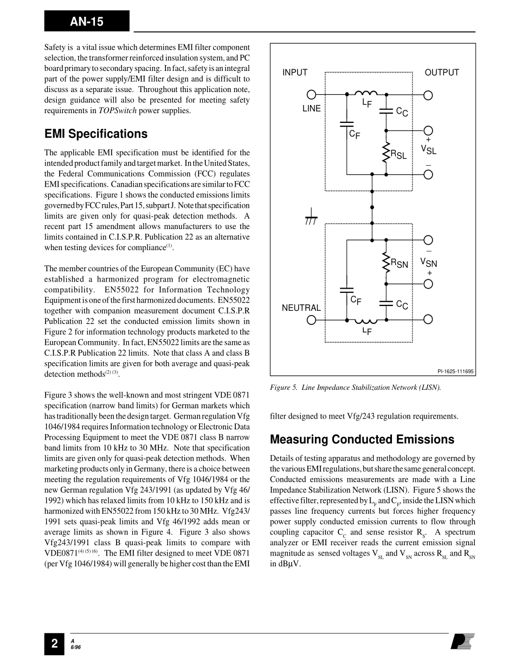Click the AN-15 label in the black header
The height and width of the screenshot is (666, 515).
tap(86, 22)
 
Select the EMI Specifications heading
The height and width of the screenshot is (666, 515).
tap(95, 134)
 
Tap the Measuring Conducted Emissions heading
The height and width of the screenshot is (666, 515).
tap(362, 439)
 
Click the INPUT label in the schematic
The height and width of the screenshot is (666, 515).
tap(295, 73)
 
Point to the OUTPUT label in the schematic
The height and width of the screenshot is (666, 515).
tap(442, 73)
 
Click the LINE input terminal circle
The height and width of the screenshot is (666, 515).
tap(312, 95)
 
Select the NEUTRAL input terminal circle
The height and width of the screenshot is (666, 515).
tap(312, 319)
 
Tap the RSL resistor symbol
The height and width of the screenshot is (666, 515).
tap(386, 152)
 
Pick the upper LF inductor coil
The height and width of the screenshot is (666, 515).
tap(366, 93)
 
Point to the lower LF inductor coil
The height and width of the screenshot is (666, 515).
tap(366, 321)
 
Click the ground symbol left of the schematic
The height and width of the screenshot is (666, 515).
tap(311, 217)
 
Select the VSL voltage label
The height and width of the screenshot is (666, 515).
tap(428, 149)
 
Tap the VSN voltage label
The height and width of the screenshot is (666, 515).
tap(428, 263)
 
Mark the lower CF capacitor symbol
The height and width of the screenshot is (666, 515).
tap(346, 291)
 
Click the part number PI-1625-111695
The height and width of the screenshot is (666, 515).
tap(455, 371)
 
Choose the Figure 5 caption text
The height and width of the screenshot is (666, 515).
tap(356, 387)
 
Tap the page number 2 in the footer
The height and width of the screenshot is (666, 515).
tap(54, 643)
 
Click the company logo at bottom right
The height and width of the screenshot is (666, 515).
tap(463, 642)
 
